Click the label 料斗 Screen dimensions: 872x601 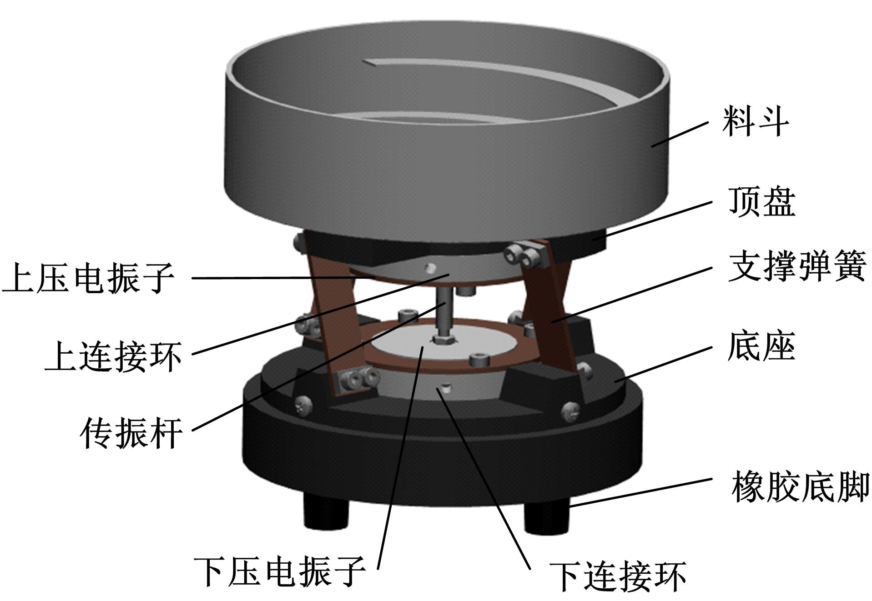click(756, 121)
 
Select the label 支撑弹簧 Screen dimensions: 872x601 click(796, 267)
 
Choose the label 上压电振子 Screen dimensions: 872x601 click(88, 278)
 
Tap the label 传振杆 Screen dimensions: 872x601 click(131, 433)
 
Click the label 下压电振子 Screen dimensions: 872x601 click(280, 571)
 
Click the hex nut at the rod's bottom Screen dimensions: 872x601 click(441, 340)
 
